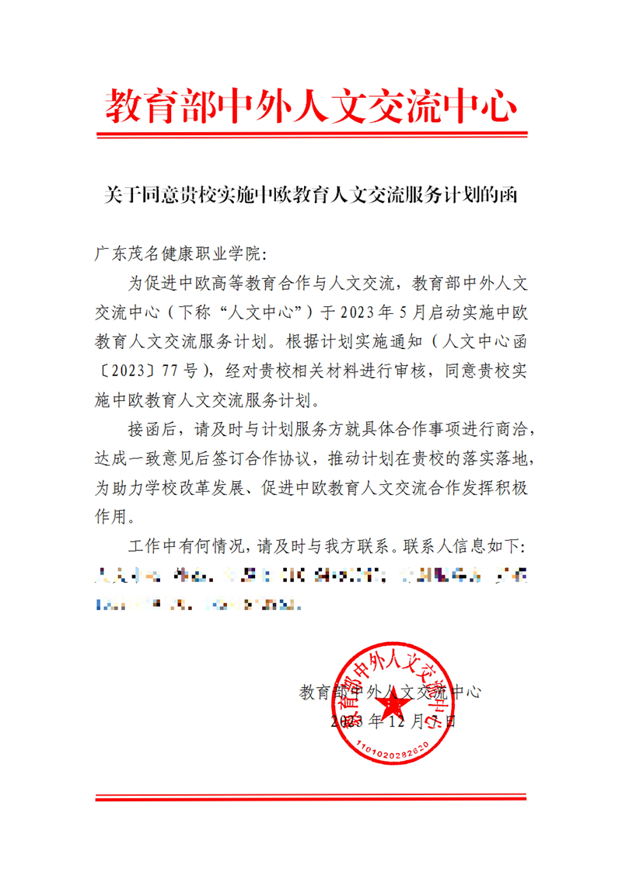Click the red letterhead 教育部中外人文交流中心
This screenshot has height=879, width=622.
pos(310,106)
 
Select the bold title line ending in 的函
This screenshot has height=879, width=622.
pos(310,194)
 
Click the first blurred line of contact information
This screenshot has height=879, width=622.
pos(310,576)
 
